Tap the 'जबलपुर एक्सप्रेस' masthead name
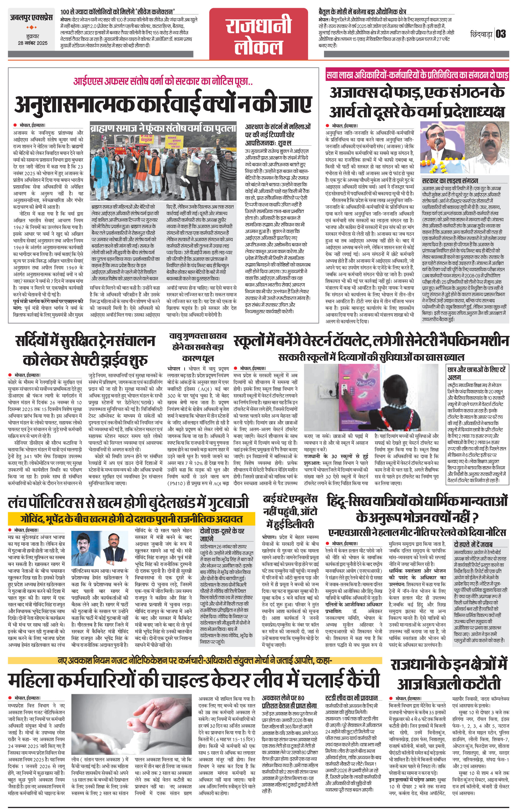31,18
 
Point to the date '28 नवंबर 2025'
33,43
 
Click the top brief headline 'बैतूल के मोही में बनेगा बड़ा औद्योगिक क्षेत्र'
362,12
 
